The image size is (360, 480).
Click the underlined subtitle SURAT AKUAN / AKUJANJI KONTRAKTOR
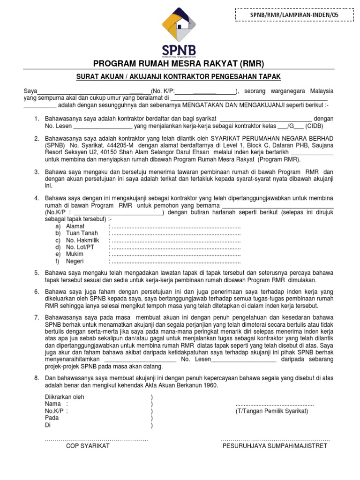(x=180, y=76)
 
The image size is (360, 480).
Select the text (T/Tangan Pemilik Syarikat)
(x=271, y=411)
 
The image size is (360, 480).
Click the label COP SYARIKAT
(x=88, y=446)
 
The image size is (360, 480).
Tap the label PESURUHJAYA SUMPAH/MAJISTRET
(x=275, y=446)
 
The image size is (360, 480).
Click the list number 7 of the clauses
(x=36, y=317)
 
